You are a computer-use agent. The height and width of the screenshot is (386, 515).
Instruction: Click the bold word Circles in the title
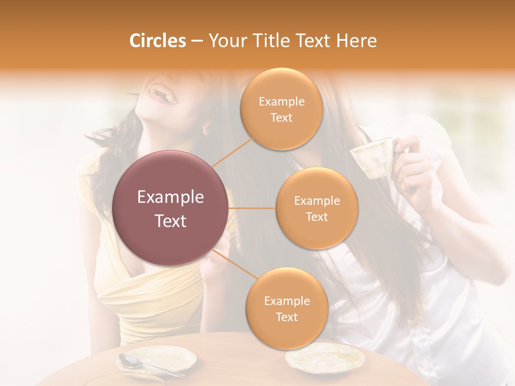point(157,41)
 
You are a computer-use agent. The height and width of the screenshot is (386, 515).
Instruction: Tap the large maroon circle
point(171,208)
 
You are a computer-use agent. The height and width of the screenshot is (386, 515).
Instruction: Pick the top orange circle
point(281,109)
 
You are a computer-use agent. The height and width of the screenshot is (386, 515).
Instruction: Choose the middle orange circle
point(317,209)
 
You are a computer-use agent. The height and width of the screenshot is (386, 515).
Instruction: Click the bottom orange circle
point(286,309)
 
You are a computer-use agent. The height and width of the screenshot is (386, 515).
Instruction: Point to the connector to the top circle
point(232,152)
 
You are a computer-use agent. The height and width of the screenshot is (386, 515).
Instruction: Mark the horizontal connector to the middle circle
point(252,208)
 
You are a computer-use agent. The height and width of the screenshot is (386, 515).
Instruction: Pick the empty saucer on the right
point(324,357)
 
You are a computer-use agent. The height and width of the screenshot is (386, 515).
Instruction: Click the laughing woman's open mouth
point(163,94)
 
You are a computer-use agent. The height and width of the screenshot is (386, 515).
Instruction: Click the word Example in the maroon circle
point(171,197)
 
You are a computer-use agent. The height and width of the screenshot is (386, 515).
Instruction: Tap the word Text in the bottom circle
point(286,317)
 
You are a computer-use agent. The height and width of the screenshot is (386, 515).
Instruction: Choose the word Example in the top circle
point(281,101)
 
